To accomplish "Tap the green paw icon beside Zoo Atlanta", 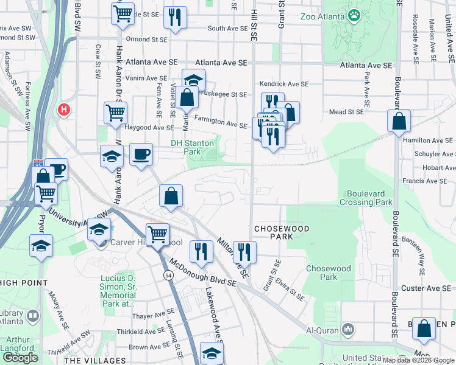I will [354, 15].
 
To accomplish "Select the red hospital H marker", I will [63, 109].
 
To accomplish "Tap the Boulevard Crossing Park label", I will [365, 198].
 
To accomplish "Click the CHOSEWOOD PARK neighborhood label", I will [282, 232].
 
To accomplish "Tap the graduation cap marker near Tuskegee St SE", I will [193, 80].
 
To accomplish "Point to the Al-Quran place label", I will [322, 329].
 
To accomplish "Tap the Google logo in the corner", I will [20, 358].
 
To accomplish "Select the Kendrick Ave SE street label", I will [284, 84].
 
